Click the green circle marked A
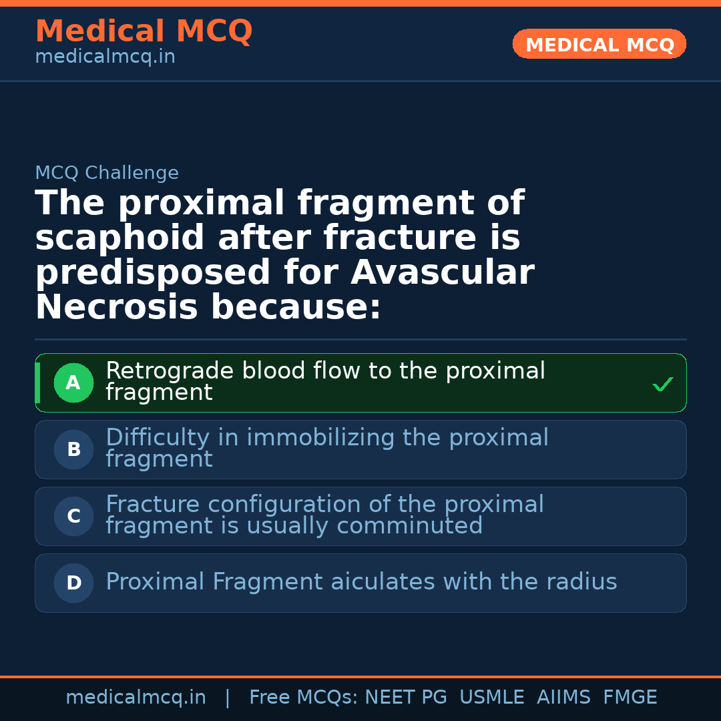tap(73, 383)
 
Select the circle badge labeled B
tap(73, 450)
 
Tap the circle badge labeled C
tap(73, 517)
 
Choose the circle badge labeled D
tap(73, 583)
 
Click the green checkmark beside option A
tap(662, 385)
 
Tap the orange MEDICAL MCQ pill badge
tap(599, 45)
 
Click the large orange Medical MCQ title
tap(144, 31)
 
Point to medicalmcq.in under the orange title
tap(105, 57)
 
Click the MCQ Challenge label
tap(107, 174)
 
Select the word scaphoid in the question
tap(119, 238)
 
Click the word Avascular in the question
tap(442, 273)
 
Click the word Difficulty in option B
tap(158, 438)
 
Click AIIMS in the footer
tap(563, 698)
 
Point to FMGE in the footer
tap(630, 698)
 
